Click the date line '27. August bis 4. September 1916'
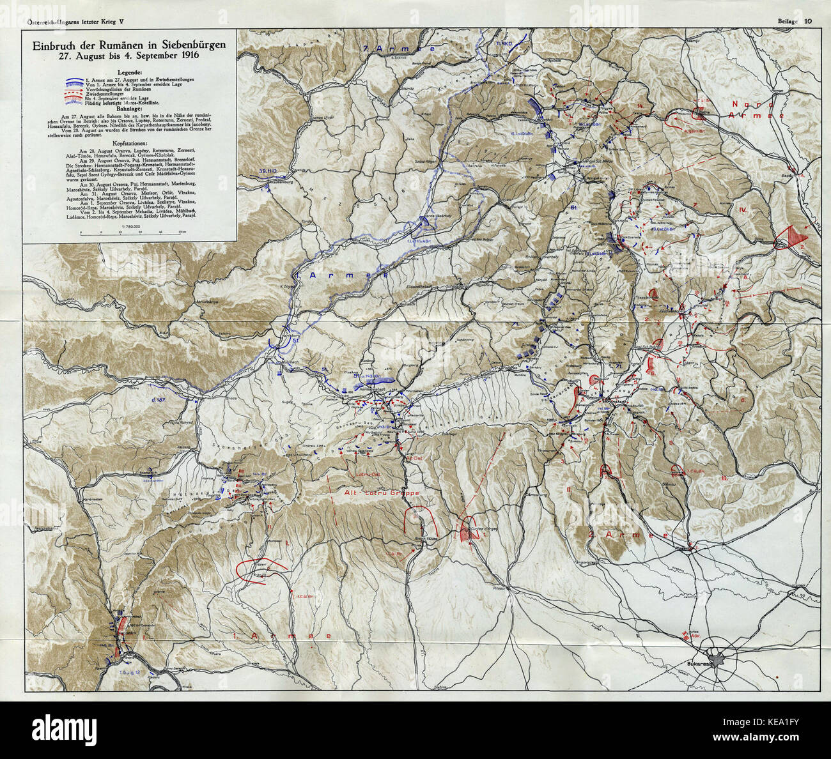tap(130, 56)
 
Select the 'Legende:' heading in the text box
tap(130, 72)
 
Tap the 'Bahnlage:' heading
tap(130, 109)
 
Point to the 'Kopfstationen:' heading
tap(130, 144)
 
